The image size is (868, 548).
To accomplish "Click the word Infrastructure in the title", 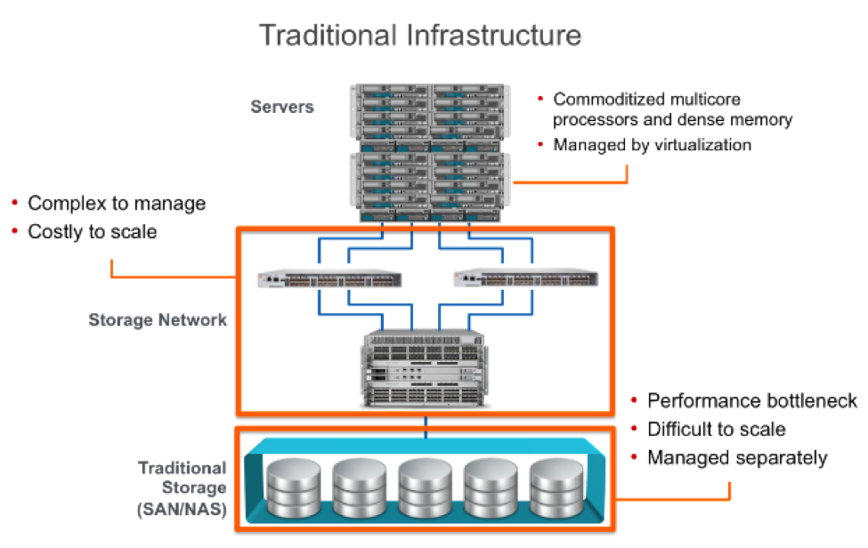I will [495, 35].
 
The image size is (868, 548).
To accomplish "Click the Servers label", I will [282, 107].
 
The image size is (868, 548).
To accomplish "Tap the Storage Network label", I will [158, 318].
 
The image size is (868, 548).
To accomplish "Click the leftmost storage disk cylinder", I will [293, 482].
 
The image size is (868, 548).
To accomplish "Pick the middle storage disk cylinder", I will [425, 482].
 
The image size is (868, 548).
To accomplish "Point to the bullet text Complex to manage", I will [117, 204].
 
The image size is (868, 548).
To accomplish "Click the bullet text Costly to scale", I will [92, 232].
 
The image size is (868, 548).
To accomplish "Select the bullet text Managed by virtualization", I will [652, 145].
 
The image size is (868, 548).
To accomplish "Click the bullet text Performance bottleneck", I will [752, 400].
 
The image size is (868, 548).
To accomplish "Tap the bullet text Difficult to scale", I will [716, 430].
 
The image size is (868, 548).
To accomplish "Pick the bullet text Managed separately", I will [737, 458].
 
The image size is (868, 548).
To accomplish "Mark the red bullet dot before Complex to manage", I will [15, 204].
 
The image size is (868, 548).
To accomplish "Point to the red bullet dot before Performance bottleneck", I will [634, 400].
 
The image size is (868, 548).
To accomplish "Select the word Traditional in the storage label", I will [182, 468].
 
